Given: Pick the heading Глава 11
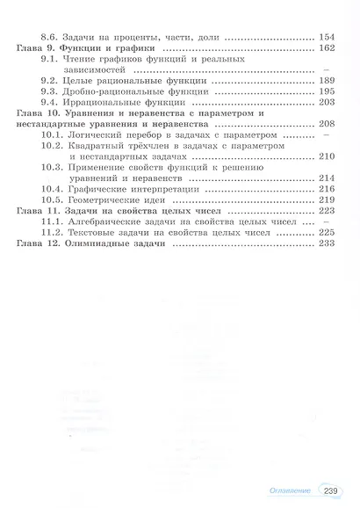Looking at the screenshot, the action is click(35, 211).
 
